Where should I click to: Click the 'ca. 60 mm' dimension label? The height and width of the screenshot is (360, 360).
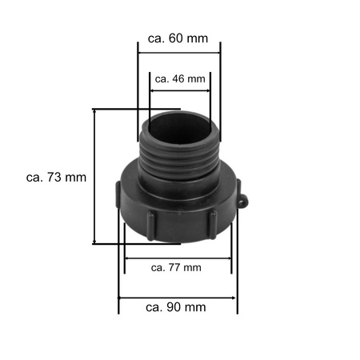pyautogui.click(x=179, y=37)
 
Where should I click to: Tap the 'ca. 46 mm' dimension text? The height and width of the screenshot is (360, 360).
pyautogui.click(x=180, y=78)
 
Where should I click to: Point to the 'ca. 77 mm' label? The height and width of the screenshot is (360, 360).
pyautogui.click(x=176, y=267)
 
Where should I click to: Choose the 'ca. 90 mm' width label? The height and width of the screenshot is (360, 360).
pyautogui.click(x=177, y=307)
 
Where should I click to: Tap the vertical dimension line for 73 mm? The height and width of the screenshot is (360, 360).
pyautogui.click(x=96, y=176)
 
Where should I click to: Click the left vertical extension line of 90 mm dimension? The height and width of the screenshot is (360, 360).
pyautogui.click(x=118, y=272)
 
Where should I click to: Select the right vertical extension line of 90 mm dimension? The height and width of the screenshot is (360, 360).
pyautogui.click(x=238, y=272)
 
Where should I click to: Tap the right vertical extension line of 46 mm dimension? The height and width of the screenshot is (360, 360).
pyautogui.click(x=210, y=96)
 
